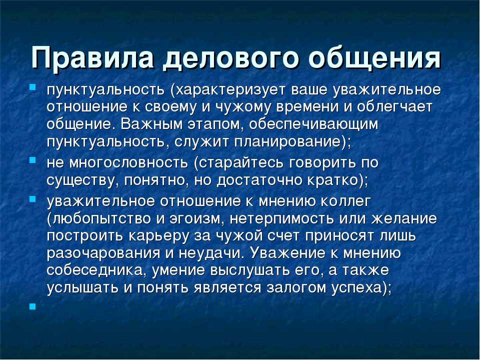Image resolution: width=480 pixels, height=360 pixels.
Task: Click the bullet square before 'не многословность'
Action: pos(32,160)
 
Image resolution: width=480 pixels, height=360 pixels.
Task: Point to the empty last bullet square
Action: pos(32,306)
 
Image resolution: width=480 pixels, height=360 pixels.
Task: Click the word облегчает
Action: pos(394,107)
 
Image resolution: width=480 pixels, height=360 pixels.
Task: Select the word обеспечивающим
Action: pos(314,124)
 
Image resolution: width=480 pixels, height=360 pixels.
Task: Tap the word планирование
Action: pos(288,142)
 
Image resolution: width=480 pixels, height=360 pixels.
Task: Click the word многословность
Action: pos(128,163)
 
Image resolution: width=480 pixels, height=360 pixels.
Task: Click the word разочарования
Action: pos(103,253)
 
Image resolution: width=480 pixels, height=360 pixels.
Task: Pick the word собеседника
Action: pos(95,270)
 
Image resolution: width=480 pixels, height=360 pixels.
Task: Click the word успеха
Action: pos(357,288)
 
